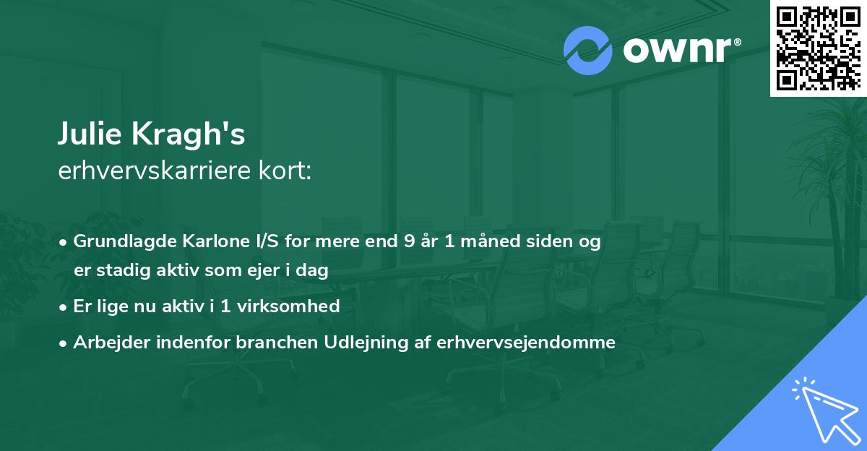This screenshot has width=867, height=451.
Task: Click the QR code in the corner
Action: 818,48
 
